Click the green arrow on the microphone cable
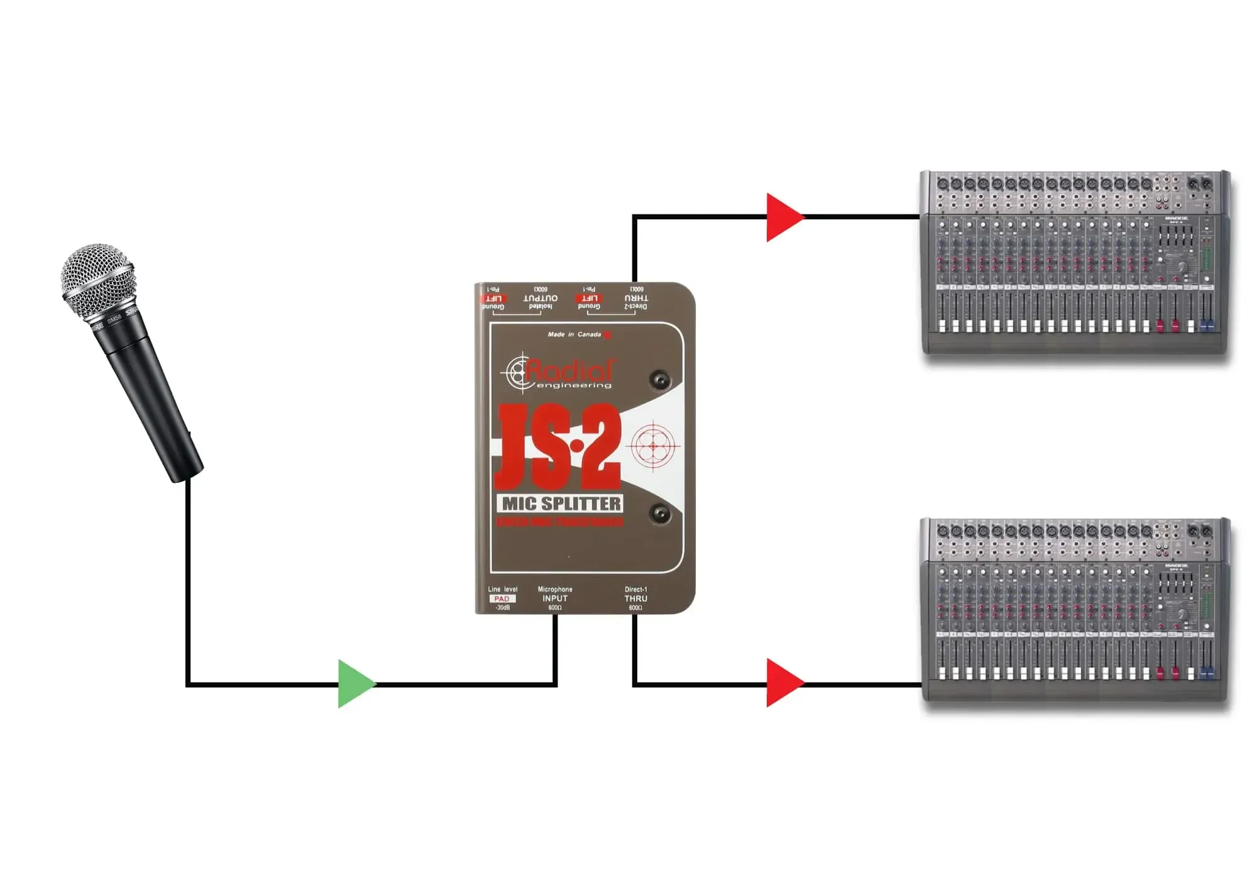point(354,683)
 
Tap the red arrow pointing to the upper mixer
point(783,217)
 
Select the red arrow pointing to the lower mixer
point(783,683)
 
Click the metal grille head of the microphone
point(98,280)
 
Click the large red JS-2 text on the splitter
point(557,448)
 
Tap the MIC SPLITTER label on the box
point(561,503)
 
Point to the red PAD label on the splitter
point(502,599)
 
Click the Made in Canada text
point(574,334)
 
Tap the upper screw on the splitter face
point(660,380)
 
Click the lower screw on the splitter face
point(660,514)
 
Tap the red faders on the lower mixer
point(1168,673)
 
